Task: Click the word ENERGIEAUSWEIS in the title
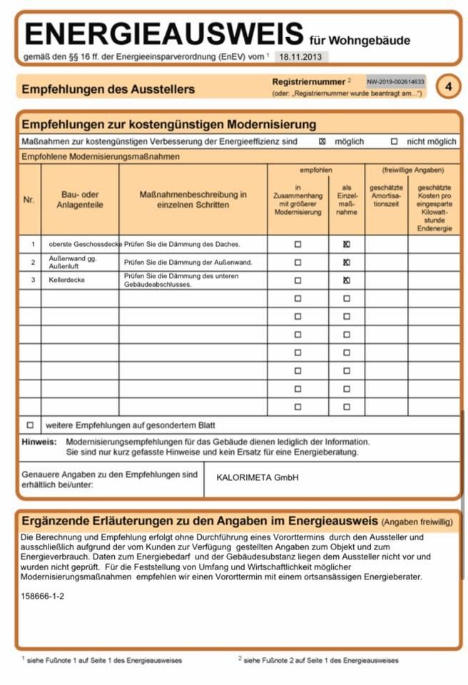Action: tap(163, 34)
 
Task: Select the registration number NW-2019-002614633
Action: tap(396, 81)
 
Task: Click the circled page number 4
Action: tap(448, 86)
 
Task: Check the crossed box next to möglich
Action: tap(322, 141)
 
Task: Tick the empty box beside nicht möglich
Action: tap(394, 141)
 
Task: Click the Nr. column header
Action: tap(29, 200)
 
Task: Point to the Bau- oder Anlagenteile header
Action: tap(80, 200)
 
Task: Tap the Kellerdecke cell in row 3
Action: tap(67, 280)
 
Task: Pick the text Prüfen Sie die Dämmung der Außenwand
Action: tap(188, 262)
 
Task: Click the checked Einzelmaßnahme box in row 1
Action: tap(347, 244)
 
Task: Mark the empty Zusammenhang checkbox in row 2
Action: tap(297, 262)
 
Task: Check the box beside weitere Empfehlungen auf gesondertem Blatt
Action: tap(30, 425)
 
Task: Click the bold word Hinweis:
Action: tap(39, 442)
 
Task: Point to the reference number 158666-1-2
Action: tap(43, 595)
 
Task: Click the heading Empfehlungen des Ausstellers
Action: tap(108, 89)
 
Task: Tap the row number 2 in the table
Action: tap(32, 262)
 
